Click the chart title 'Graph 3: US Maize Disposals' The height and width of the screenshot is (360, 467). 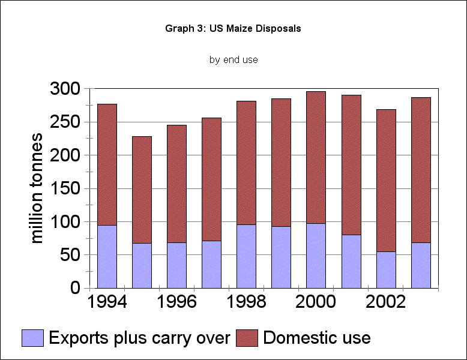[233, 29]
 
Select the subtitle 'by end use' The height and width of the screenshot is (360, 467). [233, 60]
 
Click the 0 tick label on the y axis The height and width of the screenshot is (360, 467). [74, 288]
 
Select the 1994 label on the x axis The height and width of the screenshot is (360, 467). [107, 302]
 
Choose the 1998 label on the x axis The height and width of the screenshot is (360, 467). [246, 302]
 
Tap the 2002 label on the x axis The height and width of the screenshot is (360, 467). [385, 302]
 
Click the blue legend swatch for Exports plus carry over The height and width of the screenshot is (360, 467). [33, 338]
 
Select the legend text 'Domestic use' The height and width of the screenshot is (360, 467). [316, 338]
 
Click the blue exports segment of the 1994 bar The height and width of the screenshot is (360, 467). [107, 256]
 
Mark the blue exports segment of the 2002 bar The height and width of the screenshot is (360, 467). [385, 269]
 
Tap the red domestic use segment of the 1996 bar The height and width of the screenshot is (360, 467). [176, 184]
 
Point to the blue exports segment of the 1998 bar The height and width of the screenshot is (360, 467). [246, 256]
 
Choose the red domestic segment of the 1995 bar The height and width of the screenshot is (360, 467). [142, 190]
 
